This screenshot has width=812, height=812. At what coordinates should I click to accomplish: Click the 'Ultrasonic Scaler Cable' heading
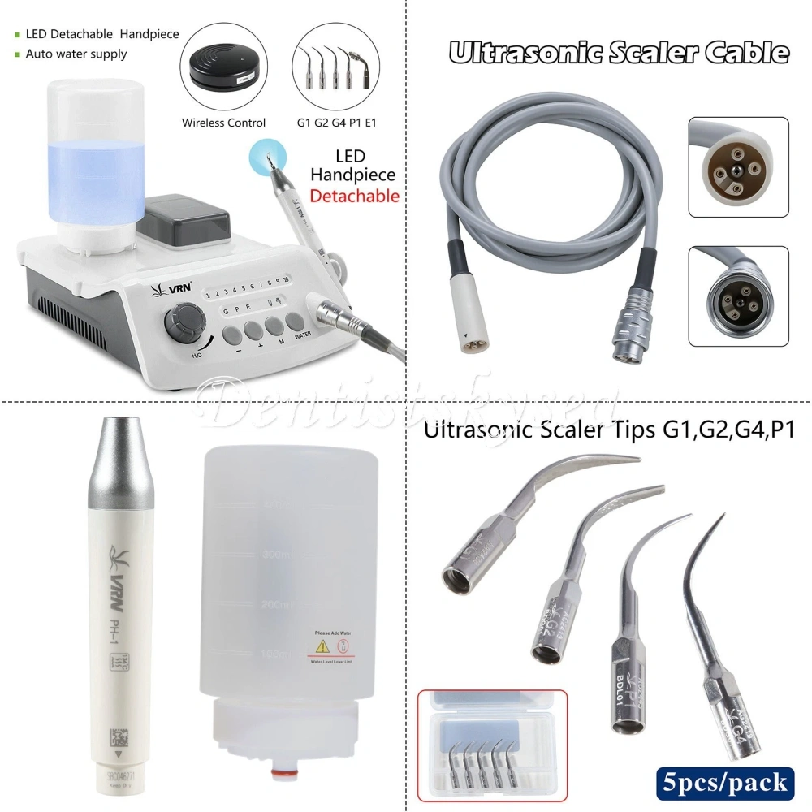pyautogui.click(x=619, y=54)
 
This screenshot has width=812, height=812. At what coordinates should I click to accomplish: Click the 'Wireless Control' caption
pyautogui.click(x=223, y=123)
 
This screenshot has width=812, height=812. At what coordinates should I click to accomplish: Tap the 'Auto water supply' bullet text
pyautogui.click(x=76, y=54)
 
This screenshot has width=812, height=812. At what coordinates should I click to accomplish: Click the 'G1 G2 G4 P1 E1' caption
pyautogui.click(x=337, y=123)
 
